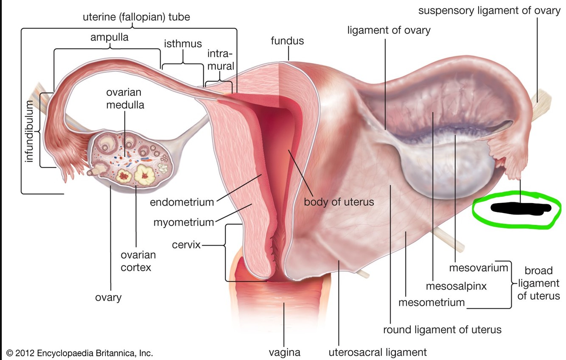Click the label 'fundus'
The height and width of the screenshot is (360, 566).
[x=288, y=41]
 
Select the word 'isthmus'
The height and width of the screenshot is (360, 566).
[x=183, y=43]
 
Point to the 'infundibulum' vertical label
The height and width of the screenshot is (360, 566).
[x=29, y=131]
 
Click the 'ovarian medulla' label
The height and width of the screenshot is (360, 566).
[x=125, y=98]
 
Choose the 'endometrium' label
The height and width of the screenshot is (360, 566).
[x=182, y=202]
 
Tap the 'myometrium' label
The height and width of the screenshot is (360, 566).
[x=183, y=222]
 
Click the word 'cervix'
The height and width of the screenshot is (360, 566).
[x=186, y=245]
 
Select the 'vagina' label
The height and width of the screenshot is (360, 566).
[x=284, y=352]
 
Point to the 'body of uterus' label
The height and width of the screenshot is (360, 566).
[x=339, y=201]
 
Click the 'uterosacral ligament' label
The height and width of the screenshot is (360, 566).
[x=378, y=352]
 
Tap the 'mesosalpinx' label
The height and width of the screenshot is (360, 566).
[x=456, y=286]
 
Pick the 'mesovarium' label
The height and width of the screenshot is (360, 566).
[x=478, y=268]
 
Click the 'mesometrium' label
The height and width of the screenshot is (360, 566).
[x=432, y=303]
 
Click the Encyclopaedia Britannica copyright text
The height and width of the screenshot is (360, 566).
[x=80, y=353]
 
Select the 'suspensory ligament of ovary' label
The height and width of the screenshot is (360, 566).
[x=489, y=10]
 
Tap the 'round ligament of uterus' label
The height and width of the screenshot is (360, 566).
[x=442, y=329]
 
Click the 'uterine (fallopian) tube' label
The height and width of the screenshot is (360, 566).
[x=136, y=17]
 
